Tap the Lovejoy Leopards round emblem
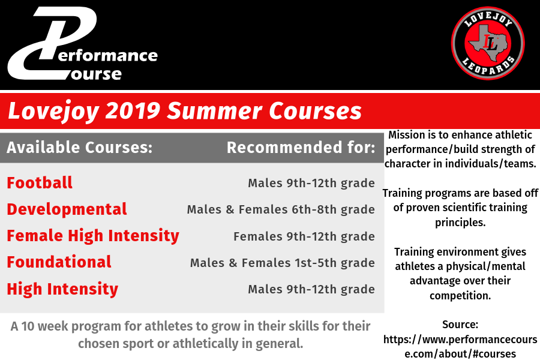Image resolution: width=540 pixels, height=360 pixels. click(x=488, y=43)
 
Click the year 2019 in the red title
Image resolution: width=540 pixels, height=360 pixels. click(x=133, y=111)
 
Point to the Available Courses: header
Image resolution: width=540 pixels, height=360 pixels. click(x=80, y=148)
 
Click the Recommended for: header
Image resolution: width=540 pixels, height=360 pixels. click(x=301, y=148)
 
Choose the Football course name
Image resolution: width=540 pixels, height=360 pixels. click(x=40, y=182)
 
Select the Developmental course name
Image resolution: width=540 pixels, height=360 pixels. click(x=67, y=209)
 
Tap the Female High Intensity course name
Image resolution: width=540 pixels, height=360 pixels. click(x=93, y=236)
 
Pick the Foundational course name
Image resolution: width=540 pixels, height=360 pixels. click(x=59, y=262)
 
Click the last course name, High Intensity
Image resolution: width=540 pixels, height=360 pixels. click(x=62, y=289)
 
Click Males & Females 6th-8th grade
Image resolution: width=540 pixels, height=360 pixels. click(x=281, y=209)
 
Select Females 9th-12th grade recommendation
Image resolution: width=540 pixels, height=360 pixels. click(x=304, y=236)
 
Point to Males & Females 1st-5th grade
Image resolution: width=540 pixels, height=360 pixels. click(x=283, y=263)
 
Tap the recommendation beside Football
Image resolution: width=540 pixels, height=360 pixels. click(x=311, y=183)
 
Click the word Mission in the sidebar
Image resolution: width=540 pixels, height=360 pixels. click(x=404, y=134)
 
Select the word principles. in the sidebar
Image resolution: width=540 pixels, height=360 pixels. click(x=460, y=223)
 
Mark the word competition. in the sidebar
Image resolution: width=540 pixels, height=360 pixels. click(x=460, y=296)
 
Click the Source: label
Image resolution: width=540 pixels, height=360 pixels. click(x=460, y=325)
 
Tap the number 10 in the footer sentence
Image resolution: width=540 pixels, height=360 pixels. click(x=28, y=326)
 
